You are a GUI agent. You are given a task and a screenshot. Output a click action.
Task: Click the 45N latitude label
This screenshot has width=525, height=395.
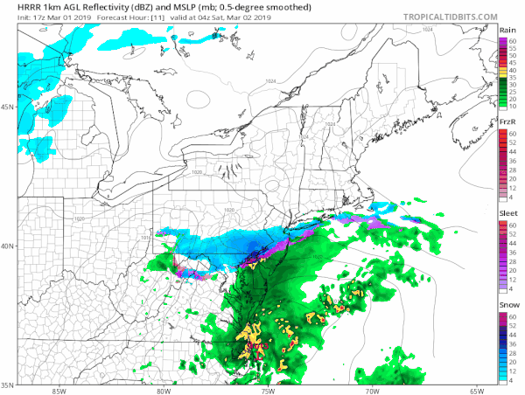8,107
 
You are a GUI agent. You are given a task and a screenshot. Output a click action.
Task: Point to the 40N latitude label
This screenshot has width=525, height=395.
8,246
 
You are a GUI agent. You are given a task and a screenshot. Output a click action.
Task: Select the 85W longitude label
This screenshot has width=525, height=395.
59,391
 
